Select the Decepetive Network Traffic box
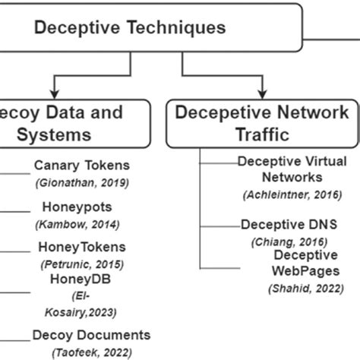click(261, 124)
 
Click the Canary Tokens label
click(82, 166)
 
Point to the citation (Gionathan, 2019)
click(81, 182)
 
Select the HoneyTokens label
click(81, 247)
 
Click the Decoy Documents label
click(91, 335)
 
